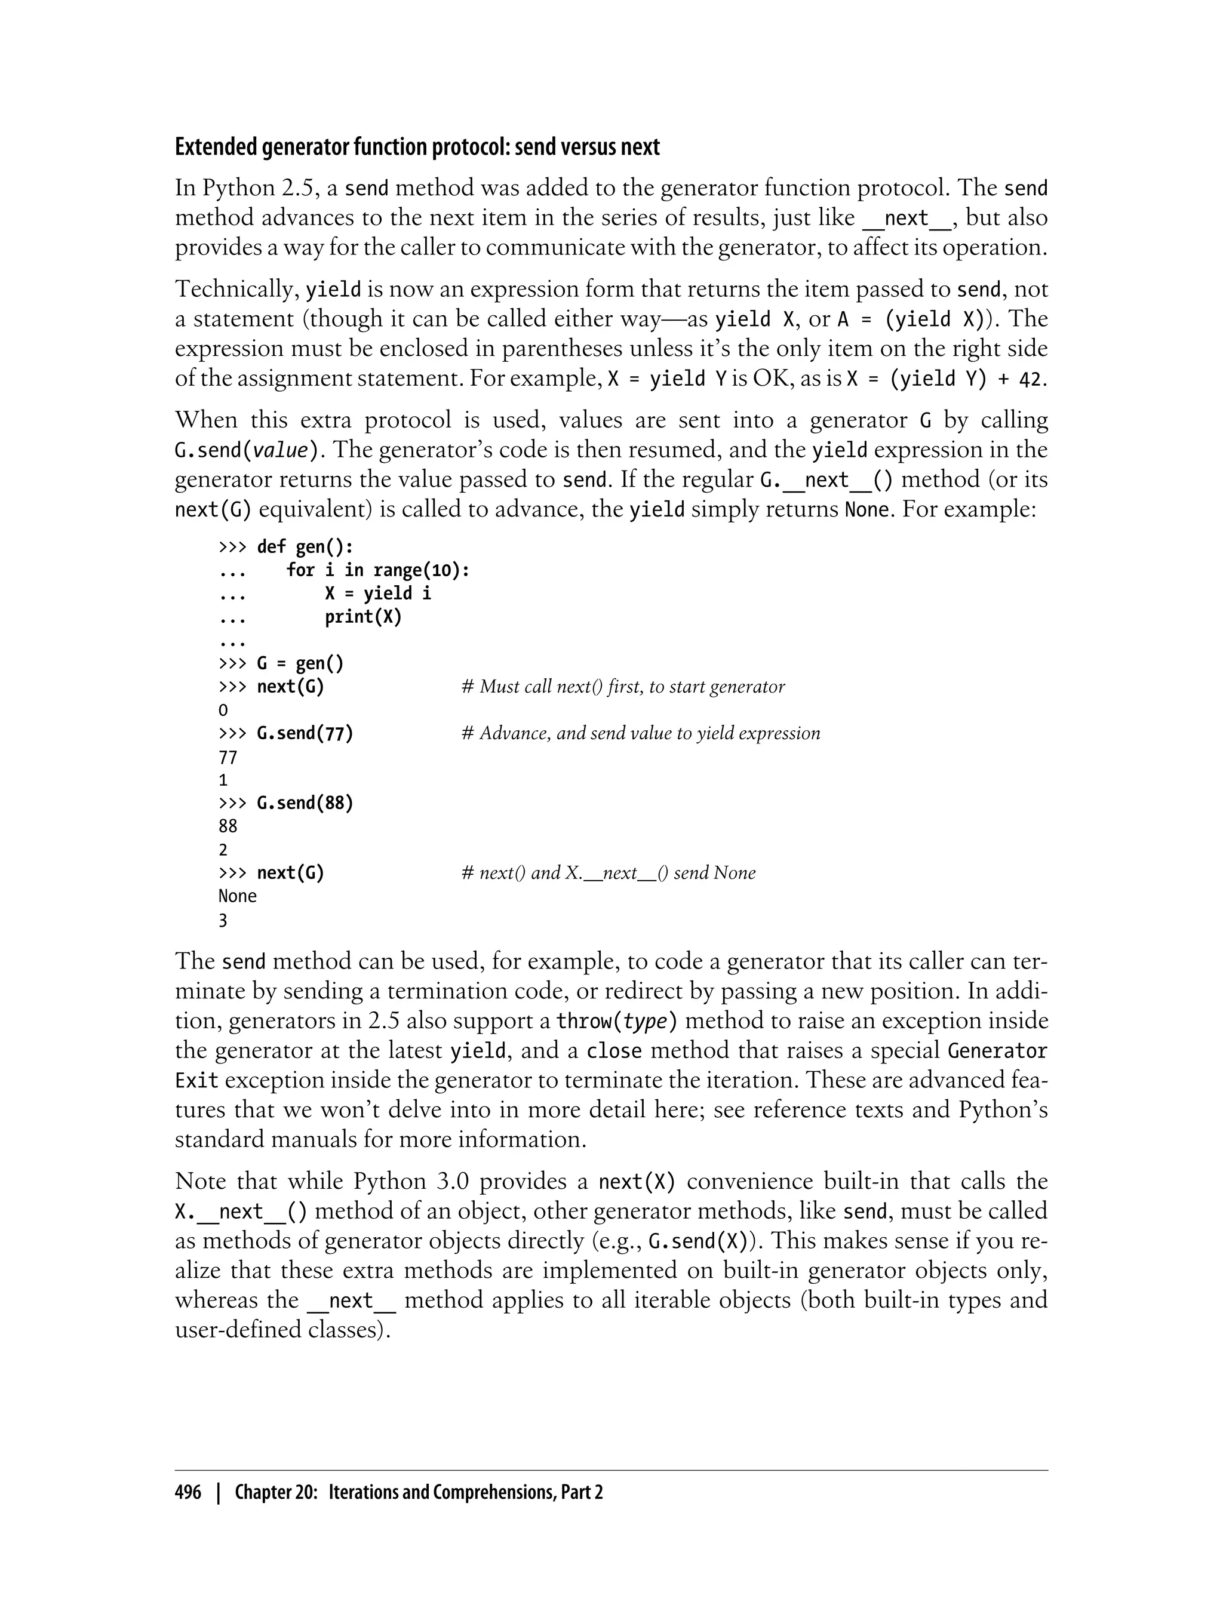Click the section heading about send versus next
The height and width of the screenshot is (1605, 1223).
[x=417, y=147]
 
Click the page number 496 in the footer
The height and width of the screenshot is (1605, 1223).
[x=188, y=1492]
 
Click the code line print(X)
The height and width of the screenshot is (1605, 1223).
[x=363, y=617]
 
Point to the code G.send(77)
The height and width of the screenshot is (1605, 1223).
[x=305, y=733]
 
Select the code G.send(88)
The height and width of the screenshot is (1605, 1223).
[x=305, y=803]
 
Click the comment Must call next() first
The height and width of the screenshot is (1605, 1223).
[x=623, y=687]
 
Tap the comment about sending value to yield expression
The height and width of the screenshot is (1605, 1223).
[x=641, y=733]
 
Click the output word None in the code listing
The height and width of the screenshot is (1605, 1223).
[x=237, y=896]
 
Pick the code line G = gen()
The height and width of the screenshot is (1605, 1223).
[x=300, y=663]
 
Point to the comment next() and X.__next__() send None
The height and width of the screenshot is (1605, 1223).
[x=609, y=873]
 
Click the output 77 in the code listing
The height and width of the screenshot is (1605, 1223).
[x=228, y=758]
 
